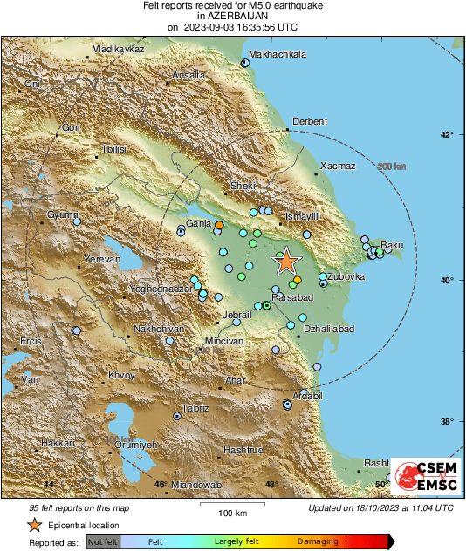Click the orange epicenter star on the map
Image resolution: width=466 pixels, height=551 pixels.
[x=285, y=261]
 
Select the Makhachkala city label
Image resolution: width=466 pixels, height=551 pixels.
[x=278, y=54]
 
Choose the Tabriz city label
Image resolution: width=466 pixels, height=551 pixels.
[x=195, y=408]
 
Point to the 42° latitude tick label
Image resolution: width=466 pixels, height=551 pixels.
[x=446, y=135]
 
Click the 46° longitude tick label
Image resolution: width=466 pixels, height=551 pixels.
[x=160, y=485]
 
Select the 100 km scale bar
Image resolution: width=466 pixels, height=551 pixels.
[x=231, y=504]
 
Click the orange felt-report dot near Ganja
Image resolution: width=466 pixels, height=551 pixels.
[x=219, y=225]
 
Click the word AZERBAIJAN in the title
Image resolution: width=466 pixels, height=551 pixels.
[x=232, y=17]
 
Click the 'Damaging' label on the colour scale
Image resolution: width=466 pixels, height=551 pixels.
[x=318, y=541]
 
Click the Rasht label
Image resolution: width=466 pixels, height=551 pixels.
[x=376, y=463]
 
